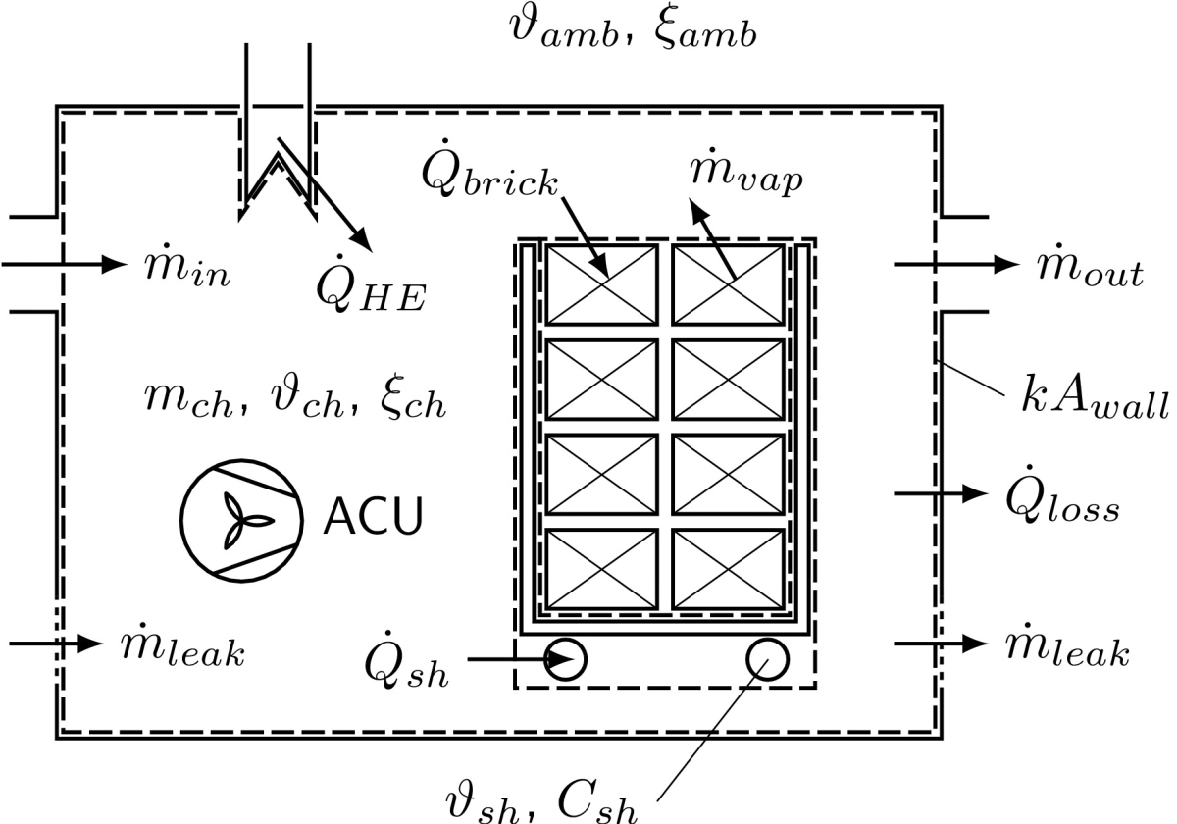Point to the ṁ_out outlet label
[x=1090, y=269]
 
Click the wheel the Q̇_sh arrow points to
[x=566, y=659]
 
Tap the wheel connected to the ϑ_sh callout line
[x=766, y=659]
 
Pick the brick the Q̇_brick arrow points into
[x=601, y=284]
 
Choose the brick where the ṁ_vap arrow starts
[x=729, y=284]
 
